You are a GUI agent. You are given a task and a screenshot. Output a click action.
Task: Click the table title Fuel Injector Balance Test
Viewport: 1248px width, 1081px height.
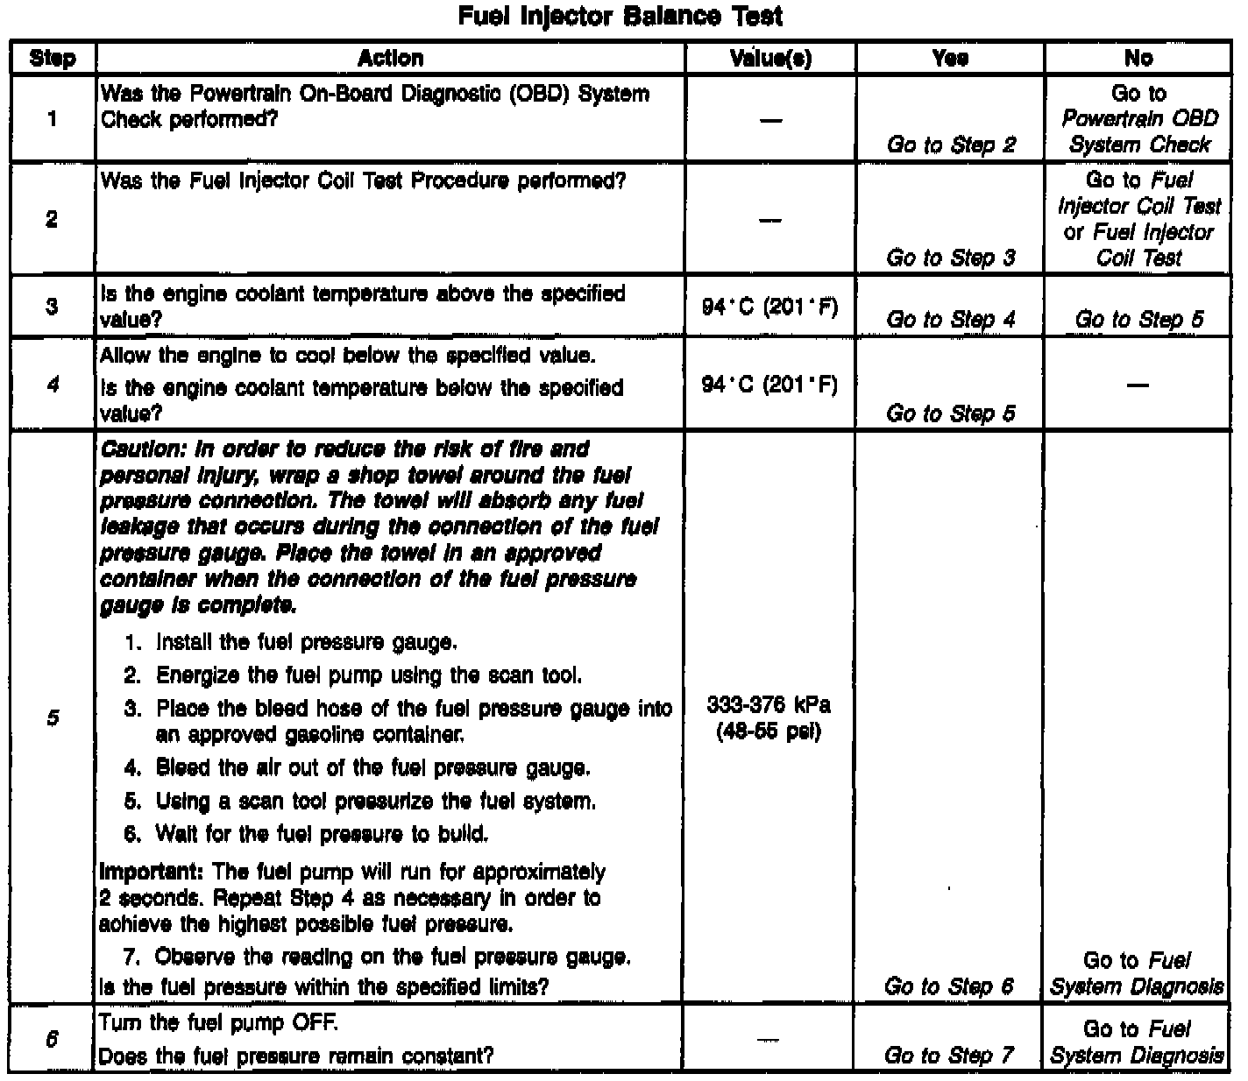(620, 17)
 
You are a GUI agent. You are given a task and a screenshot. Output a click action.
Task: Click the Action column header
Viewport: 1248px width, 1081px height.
(390, 58)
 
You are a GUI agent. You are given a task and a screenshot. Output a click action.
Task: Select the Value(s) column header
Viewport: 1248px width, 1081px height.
(770, 58)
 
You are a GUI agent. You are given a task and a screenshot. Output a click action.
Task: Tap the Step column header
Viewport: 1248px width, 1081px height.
(53, 59)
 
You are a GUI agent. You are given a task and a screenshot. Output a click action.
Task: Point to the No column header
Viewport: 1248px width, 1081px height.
(1138, 58)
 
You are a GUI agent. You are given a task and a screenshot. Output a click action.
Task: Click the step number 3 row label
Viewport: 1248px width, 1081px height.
(53, 307)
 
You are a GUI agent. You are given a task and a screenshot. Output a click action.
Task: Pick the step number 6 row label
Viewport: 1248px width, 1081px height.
(53, 1040)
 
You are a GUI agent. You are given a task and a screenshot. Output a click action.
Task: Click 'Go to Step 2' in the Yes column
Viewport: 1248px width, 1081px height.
(951, 145)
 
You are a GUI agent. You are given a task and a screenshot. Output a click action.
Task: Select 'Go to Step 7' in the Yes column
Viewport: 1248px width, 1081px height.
(949, 1056)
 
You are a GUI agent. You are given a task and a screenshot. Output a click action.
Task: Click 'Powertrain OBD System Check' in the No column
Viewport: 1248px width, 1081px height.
(1139, 131)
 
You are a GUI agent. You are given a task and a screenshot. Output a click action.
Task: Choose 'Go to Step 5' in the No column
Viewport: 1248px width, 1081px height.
(1138, 320)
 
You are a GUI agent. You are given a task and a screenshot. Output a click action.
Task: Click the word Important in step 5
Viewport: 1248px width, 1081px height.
(151, 873)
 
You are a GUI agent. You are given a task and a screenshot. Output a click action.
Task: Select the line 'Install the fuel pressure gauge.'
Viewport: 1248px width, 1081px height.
(306, 643)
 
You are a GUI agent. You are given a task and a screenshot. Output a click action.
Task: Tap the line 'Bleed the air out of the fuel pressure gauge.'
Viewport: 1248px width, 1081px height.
(372, 768)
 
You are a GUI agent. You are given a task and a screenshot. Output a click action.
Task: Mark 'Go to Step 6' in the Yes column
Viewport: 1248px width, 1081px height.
(949, 986)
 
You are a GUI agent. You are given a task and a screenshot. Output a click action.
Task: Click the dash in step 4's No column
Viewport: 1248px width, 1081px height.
(1138, 385)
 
